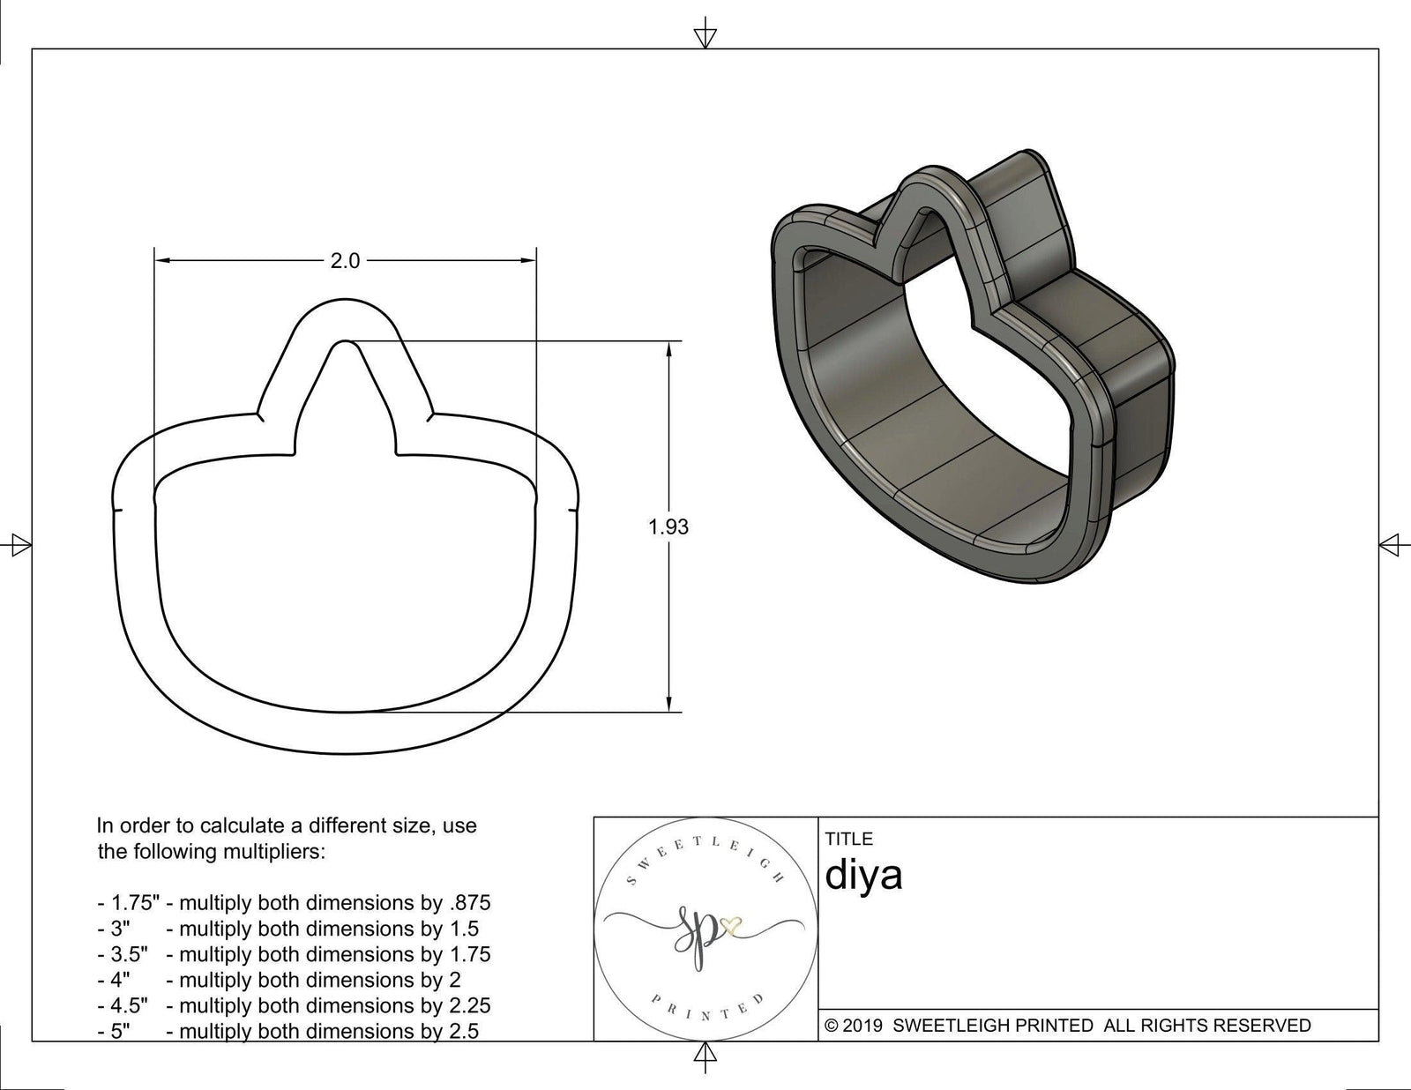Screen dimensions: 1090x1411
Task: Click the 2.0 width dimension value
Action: pos(345,261)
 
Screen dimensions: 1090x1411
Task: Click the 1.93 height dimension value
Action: pos(668,527)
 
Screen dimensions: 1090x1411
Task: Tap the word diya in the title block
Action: pos(863,876)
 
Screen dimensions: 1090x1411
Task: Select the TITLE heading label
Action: pos(849,839)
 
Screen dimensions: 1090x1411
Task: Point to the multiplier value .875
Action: pos(467,903)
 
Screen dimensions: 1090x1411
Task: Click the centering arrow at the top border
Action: pos(705,36)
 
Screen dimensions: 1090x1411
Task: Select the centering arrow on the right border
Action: pos(1390,545)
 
